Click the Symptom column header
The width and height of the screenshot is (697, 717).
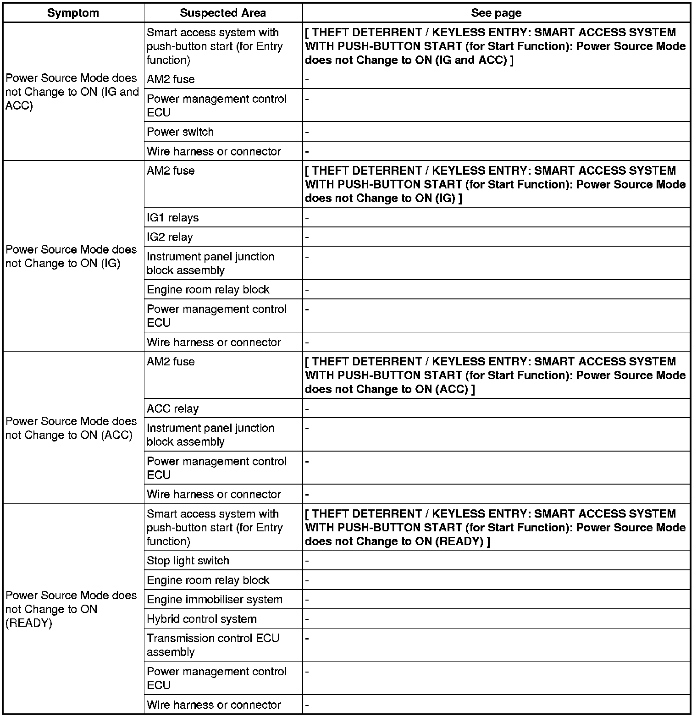[73, 13]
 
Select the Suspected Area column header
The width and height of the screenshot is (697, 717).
[223, 13]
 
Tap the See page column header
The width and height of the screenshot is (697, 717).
[496, 13]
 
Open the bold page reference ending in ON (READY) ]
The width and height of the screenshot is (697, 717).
[495, 528]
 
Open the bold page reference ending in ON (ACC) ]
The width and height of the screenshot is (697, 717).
[495, 375]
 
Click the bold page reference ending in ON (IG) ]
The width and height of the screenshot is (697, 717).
[495, 184]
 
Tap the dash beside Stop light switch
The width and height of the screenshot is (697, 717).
[307, 561]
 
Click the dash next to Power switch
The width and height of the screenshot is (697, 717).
[307, 132]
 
